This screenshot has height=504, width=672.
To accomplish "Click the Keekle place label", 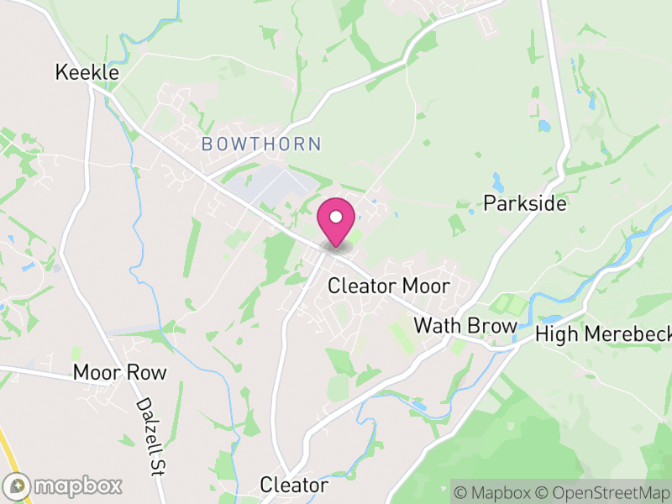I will coord(87,73).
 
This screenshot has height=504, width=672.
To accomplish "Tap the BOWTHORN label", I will coord(261,144).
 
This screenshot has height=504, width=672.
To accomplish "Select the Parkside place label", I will coord(525,204).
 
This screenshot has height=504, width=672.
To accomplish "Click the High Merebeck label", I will coord(604,335).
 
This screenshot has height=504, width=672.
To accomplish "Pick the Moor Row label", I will coord(120,372).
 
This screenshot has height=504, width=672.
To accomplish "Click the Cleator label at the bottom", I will coord(294,485).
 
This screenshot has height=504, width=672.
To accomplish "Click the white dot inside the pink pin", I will coord(336,218).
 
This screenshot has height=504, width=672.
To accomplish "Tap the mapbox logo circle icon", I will coord(18,486).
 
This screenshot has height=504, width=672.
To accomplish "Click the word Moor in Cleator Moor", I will coord(426,286).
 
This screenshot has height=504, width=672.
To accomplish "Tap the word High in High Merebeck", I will coord(557,335).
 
